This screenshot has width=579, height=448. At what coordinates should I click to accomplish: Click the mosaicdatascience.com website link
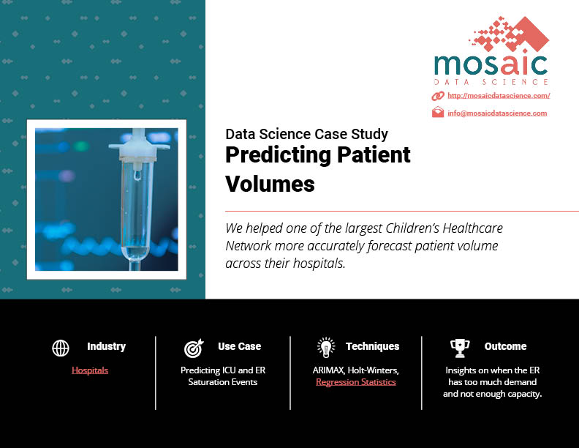(x=499, y=96)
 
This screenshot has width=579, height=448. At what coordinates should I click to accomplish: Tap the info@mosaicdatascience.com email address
(x=497, y=113)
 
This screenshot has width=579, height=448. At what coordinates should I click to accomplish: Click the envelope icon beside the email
(x=438, y=111)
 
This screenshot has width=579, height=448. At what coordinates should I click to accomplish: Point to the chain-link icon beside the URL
(x=438, y=96)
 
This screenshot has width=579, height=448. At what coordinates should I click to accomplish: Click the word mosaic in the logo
(x=491, y=64)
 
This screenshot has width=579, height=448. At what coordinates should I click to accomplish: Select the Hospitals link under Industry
(x=90, y=370)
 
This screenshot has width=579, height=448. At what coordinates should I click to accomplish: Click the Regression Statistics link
(x=356, y=382)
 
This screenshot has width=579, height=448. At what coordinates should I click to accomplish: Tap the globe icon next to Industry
(x=61, y=348)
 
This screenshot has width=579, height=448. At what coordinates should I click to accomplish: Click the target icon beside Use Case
(x=194, y=348)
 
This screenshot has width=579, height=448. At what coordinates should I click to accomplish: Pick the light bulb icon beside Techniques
(x=326, y=348)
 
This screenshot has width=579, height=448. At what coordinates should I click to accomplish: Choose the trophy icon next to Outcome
(x=460, y=348)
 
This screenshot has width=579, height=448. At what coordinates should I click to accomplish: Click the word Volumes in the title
(x=270, y=184)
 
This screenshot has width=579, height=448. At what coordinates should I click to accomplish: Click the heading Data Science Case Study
(x=306, y=134)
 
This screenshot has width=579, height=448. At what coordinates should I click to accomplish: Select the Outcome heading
(x=505, y=346)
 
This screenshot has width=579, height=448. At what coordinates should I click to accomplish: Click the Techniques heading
(x=373, y=346)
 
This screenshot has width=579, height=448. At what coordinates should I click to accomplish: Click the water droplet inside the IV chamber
(x=137, y=176)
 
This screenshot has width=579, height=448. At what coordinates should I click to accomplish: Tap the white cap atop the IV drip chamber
(x=139, y=145)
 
